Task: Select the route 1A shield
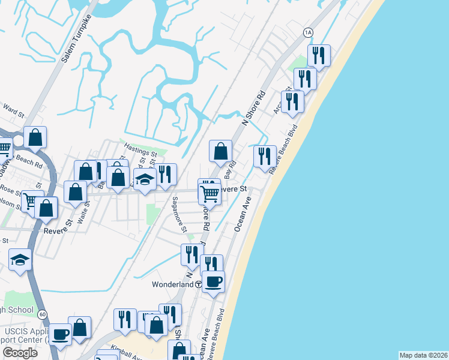coord(309,32)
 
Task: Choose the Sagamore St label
coord(179,214)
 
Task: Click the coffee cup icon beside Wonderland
coord(214,281)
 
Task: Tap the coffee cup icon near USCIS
coord(60,334)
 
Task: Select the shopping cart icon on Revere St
coord(209,194)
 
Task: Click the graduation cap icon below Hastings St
coord(145,179)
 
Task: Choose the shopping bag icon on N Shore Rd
coord(221,151)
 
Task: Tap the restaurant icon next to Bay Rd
coord(265,156)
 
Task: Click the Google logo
coord(20,353)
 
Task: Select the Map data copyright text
coord(423,355)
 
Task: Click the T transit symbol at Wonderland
coord(198,285)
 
